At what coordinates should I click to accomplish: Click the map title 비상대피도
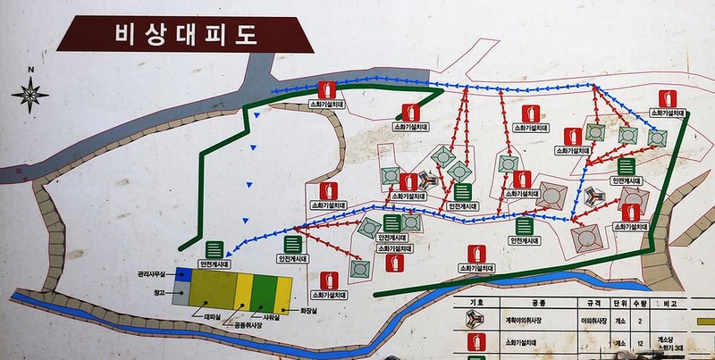(x=186, y=35)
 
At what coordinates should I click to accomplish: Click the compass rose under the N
(x=31, y=93)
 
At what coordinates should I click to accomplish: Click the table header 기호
(x=476, y=303)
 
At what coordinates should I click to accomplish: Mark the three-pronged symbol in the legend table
(x=475, y=320)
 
